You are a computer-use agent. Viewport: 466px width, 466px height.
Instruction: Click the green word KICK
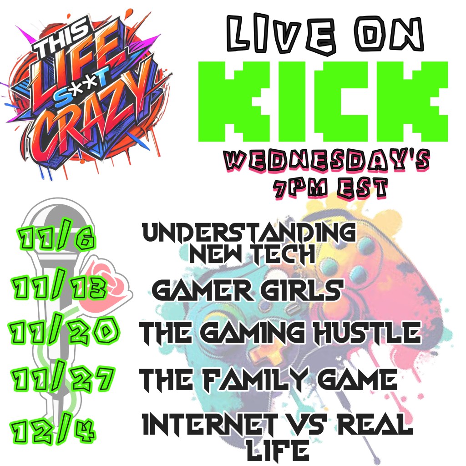(x=323, y=101)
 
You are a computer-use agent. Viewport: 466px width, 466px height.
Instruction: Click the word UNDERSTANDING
(x=249, y=232)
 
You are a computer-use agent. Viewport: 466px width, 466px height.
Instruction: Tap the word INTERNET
(x=210, y=425)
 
